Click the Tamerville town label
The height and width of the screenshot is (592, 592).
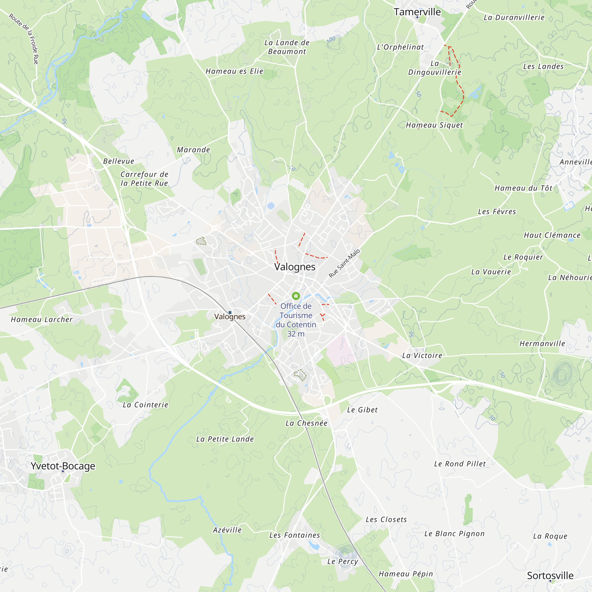click(x=417, y=12)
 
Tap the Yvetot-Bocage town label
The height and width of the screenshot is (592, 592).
click(x=63, y=466)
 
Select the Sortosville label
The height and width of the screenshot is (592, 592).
click(x=550, y=575)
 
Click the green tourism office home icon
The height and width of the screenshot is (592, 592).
click(x=296, y=296)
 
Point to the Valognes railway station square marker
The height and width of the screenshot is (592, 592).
click(x=230, y=313)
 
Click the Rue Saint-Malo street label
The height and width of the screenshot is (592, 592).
click(x=344, y=263)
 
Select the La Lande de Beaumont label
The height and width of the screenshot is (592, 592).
click(x=287, y=47)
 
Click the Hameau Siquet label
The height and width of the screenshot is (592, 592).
click(x=434, y=125)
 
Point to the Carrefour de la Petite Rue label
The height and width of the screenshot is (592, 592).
click(x=144, y=179)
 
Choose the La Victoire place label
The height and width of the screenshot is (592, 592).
click(x=422, y=355)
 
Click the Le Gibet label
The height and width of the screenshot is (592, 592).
click(x=362, y=410)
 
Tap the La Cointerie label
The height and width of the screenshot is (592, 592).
click(x=145, y=405)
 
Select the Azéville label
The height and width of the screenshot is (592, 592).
click(x=227, y=530)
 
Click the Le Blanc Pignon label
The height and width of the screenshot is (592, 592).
click(x=454, y=533)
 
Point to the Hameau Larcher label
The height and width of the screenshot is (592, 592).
click(x=42, y=319)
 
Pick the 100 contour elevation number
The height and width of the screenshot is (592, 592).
click(x=331, y=39)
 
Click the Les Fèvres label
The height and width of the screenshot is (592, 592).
click(x=497, y=211)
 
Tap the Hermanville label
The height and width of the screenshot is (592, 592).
click(x=542, y=343)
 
